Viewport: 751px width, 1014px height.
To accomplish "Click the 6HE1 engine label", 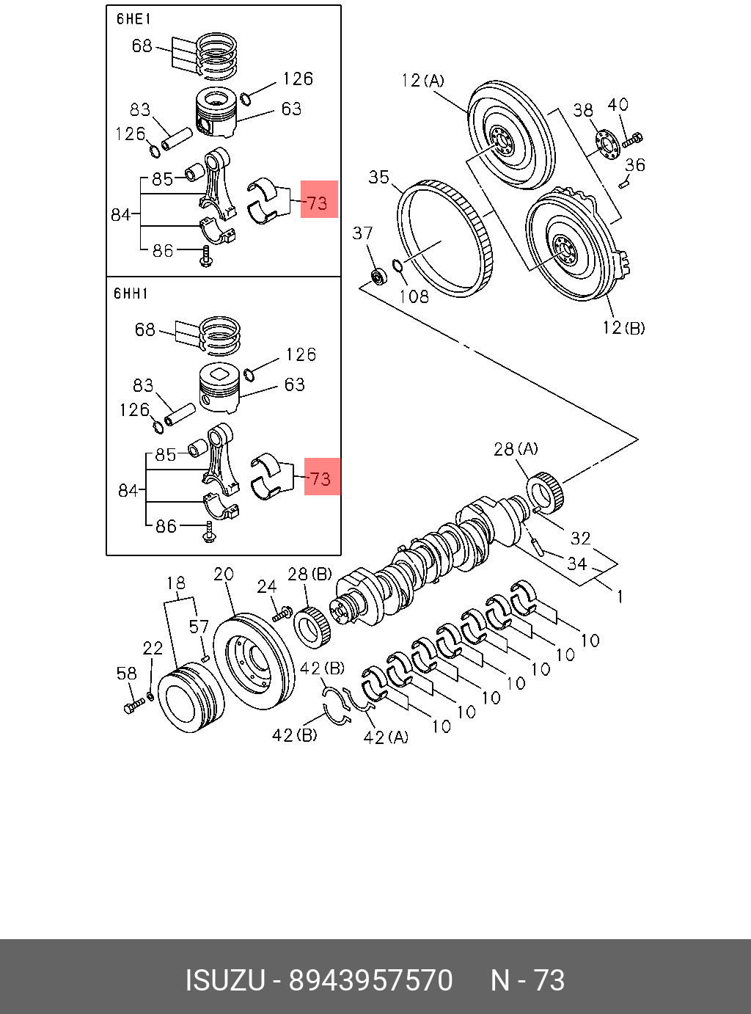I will (133, 19).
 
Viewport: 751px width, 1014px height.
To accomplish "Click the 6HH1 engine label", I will (131, 293).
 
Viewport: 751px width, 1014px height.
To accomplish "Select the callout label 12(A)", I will (423, 80).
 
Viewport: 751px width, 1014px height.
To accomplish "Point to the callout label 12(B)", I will (623, 327).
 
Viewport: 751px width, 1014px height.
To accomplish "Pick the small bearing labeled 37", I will (378, 277).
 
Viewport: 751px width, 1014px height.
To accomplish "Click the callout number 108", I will (414, 296).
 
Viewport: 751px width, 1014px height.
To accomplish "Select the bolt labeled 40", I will (633, 139).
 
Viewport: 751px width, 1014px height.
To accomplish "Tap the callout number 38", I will (583, 110).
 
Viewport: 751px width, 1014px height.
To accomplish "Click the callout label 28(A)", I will (516, 448).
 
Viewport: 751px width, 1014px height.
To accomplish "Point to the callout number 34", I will (577, 563).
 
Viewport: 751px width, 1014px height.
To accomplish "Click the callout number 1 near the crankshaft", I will (620, 597).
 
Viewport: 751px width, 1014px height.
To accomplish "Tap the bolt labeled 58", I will (135, 707).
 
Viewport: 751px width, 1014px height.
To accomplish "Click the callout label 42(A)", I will (386, 737).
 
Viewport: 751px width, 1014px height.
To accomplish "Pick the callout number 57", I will (199, 627).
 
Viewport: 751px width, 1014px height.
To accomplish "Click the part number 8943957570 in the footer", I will (370, 980).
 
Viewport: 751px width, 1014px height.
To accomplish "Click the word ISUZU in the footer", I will (224, 980).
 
